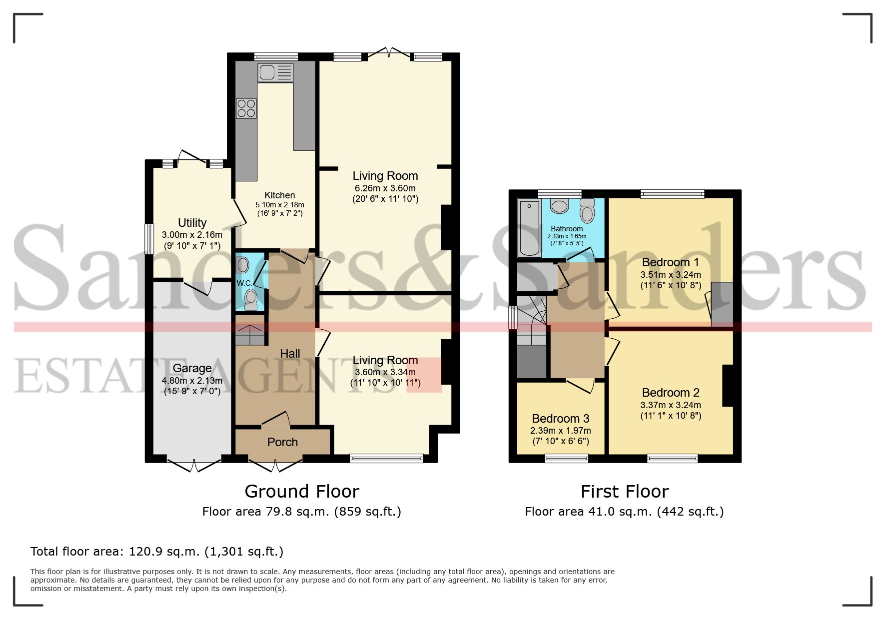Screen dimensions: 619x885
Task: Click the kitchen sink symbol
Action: coord(275,72)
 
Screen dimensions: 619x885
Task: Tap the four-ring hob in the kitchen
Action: coord(246,108)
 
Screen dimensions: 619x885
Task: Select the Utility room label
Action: coord(192,223)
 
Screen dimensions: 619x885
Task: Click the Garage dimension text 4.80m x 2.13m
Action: coord(192,381)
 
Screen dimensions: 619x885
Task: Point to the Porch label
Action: coord(282,442)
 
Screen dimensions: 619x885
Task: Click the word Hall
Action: coord(290,354)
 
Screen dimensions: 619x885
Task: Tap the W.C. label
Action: coord(244,283)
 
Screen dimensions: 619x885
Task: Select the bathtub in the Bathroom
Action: coord(529,227)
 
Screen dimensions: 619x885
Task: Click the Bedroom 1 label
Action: coord(670,262)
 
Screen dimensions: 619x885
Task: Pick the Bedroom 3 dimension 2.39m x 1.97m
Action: coord(560,431)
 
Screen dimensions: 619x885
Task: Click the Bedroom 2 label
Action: coord(670,393)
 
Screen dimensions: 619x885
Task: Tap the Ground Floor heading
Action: coord(302,492)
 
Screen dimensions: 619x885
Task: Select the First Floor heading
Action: coord(624,492)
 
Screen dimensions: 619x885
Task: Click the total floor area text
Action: coord(157,552)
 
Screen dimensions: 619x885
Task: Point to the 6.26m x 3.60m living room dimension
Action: coord(385,188)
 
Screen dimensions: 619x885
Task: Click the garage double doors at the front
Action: coord(194,465)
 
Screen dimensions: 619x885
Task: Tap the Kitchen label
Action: coord(279,195)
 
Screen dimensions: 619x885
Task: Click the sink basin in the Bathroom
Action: coord(559,206)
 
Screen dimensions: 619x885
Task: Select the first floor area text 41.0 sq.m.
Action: coord(624,512)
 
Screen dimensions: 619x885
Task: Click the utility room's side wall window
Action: coord(149,238)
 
